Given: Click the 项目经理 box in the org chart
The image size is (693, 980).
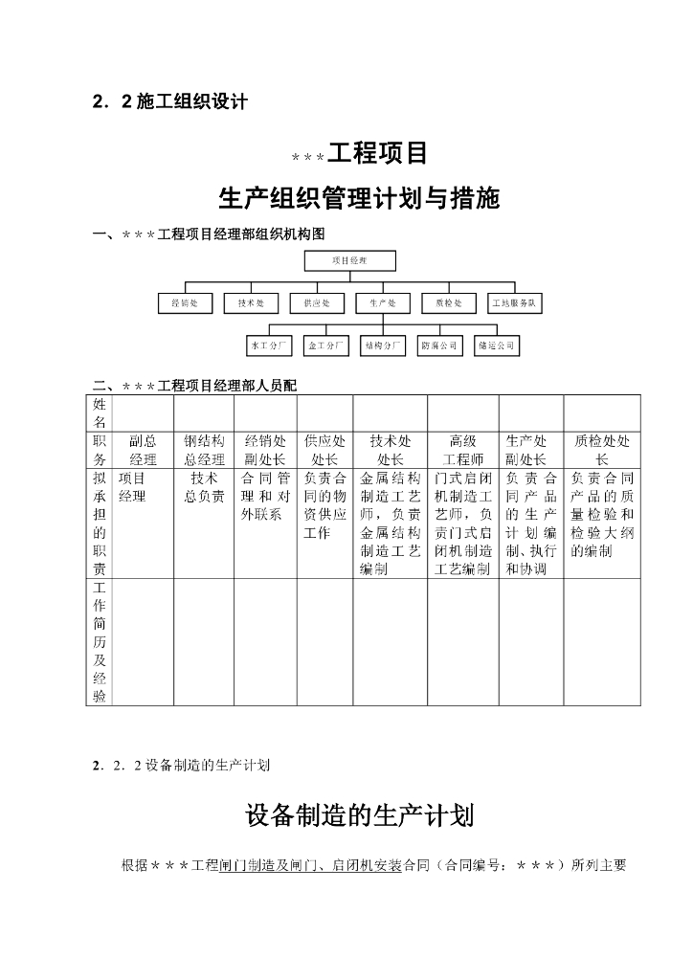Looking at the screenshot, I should coord(349,259).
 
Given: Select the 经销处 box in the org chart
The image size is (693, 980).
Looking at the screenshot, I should coord(185,303).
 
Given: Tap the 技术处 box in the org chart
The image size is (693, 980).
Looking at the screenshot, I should coord(251,303).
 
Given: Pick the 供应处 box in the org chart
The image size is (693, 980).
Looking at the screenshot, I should coord(317,303).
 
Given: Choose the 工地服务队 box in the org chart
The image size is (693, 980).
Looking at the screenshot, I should coord(516,303).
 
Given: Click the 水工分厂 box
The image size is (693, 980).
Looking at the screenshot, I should coord(269,345).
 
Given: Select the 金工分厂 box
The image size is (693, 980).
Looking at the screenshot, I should coord(326,345).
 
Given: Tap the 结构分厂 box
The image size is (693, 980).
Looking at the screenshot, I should coord(383,345).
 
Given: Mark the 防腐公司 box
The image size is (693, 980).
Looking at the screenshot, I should coord(439,345).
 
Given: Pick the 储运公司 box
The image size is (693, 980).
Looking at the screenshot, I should coord(497,345).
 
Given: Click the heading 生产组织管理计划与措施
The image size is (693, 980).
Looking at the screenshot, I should coord(359,199).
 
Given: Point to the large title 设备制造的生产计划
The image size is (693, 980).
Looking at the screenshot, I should coord(359,815).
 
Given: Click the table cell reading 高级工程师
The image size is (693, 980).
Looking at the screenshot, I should coord(462,450).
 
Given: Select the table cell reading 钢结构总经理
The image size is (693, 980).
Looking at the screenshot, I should coord(205,450).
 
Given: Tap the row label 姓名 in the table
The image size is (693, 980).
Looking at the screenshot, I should coord(100,413).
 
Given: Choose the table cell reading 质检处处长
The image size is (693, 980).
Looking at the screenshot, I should coord(602,450).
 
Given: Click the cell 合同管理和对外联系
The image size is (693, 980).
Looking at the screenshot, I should coord(265,496).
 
